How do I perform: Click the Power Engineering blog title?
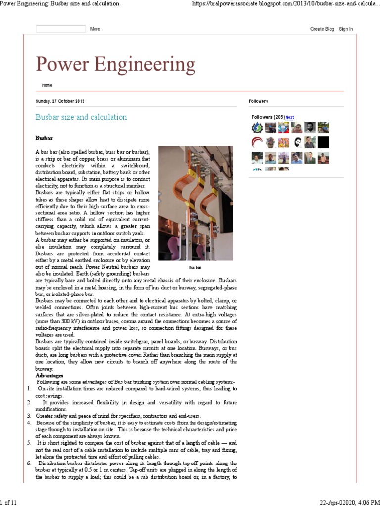(x=115, y=65)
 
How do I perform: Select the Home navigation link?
(x=47, y=85)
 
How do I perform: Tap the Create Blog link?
(x=322, y=29)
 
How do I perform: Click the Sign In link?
(x=346, y=29)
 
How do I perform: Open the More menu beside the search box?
(x=95, y=29)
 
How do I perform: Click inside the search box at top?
(x=60, y=29)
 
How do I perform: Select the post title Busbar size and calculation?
(x=81, y=117)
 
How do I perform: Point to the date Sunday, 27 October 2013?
(x=60, y=101)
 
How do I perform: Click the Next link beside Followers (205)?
(x=290, y=117)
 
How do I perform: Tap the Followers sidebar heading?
(x=258, y=101)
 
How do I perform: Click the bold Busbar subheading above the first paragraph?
(x=44, y=138)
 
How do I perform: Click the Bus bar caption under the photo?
(x=195, y=267)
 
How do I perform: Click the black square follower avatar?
(x=323, y=143)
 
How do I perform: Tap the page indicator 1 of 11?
(x=8, y=502)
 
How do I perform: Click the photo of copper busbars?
(x=195, y=203)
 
